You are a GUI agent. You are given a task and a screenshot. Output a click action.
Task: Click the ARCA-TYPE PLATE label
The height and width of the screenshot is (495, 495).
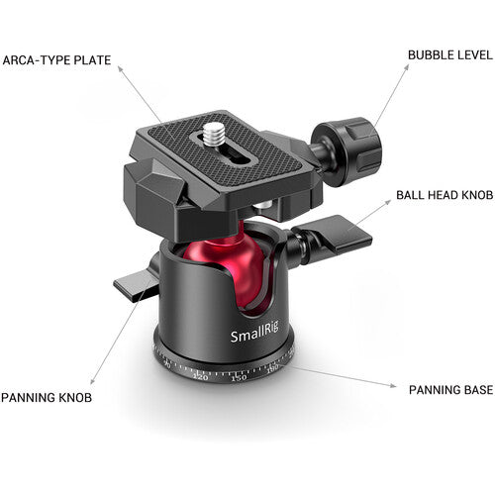click(56, 60)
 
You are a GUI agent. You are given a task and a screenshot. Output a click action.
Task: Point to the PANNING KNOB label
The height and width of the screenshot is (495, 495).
click(48, 398)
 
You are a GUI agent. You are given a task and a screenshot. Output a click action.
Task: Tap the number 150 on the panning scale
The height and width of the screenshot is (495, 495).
click(239, 378)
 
